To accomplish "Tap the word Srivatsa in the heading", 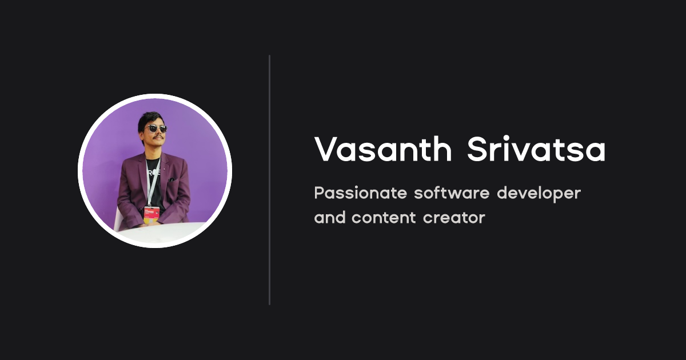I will point(536,150).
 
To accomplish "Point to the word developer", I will point(539,194).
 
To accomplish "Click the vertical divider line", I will point(269,180).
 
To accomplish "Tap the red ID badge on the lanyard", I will point(151,213).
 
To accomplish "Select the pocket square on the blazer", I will point(171,180).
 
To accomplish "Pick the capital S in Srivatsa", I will point(477,150).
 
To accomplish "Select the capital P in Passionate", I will point(319,193).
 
